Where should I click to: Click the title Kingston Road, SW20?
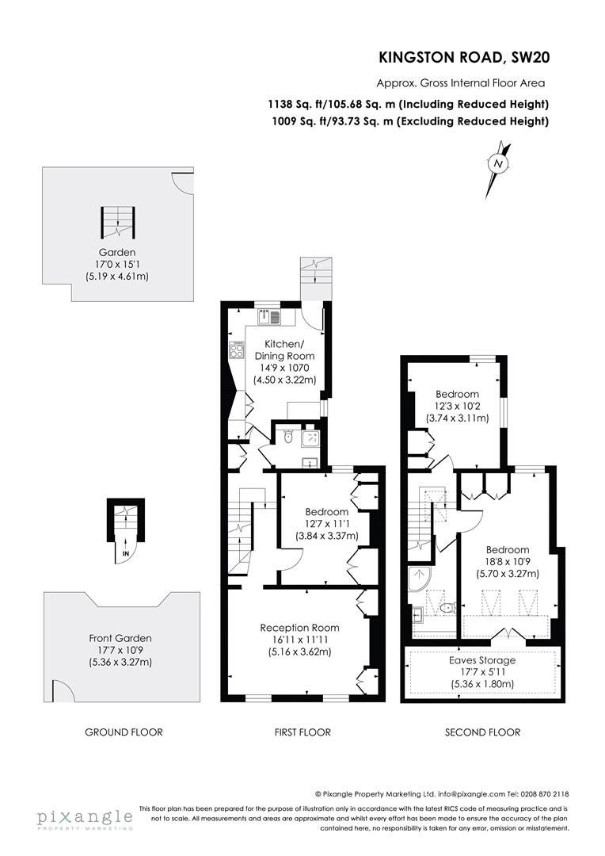coord(463,57)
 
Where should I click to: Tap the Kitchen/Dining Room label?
coord(283,350)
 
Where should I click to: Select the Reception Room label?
coord(295,627)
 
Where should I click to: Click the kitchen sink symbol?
coord(269,318)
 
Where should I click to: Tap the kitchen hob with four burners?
coord(236,350)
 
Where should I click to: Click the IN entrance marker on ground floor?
coord(126,553)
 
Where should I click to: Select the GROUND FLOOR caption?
coord(124,732)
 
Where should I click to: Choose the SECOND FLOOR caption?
coord(481,732)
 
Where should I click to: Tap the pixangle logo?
coord(84,818)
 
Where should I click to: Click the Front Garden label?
coord(120,637)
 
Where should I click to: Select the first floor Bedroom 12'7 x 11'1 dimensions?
coord(325,523)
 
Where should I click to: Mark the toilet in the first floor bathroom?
coord(289,436)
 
